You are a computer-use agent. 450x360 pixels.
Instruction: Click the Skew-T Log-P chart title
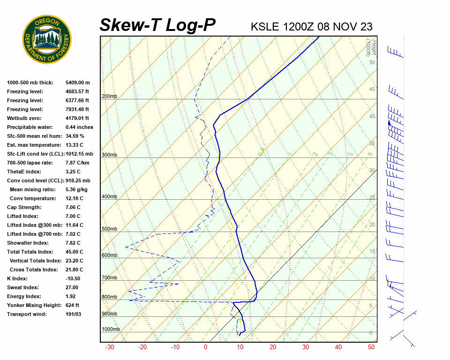[158, 25]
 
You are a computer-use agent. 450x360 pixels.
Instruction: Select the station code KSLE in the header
[266, 26]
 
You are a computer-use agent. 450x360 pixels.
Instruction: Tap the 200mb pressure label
[109, 97]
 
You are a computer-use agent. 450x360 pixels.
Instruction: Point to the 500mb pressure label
[109, 229]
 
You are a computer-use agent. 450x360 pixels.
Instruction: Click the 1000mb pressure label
[111, 330]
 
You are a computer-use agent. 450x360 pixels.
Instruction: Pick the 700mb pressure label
[109, 278]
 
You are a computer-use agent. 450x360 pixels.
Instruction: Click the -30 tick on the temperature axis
[110, 347]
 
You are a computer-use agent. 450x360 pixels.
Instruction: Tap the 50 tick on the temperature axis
[371, 347]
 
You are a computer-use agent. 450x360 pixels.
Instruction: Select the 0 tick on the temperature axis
[205, 347]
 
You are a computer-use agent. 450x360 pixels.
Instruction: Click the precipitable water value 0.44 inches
[79, 127]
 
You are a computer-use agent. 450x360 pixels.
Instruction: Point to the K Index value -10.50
[74, 278]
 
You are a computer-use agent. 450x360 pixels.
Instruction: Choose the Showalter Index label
[28, 243]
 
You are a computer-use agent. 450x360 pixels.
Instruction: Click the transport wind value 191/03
[73, 314]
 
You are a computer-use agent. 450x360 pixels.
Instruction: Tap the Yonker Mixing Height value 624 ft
[73, 305]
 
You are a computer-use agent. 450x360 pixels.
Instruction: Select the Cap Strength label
[24, 207]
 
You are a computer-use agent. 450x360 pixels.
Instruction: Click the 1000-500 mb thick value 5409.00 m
[77, 82]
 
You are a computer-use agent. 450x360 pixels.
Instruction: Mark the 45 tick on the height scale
[372, 90]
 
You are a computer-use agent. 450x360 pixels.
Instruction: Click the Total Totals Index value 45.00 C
[74, 252]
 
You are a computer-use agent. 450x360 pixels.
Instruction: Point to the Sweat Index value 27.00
[72, 287]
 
